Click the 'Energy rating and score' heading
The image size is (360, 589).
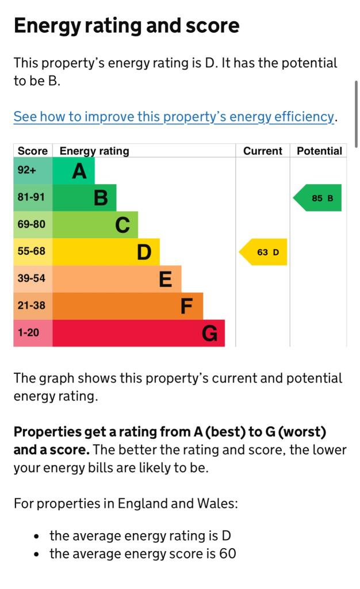point(127,26)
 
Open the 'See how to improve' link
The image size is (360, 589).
point(174,117)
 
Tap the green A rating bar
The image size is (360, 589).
point(74,171)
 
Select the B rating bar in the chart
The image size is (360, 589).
point(85,198)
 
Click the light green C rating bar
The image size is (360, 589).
point(95,225)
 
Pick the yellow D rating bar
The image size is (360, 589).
point(106,252)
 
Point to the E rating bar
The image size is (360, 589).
point(117,279)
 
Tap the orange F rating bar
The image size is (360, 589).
point(128,306)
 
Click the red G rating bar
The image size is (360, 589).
point(139,333)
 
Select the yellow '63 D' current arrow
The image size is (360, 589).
point(264,252)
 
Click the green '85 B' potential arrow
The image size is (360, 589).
point(318,198)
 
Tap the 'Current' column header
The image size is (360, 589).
point(263,151)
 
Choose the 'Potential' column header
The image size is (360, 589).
point(319,151)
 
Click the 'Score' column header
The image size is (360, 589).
point(33,151)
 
